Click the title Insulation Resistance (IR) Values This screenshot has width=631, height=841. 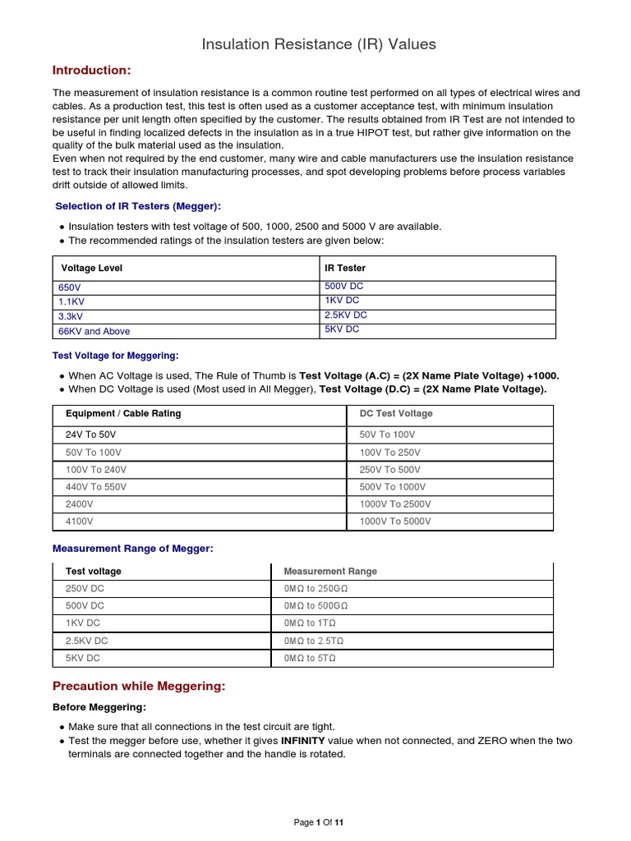(319, 44)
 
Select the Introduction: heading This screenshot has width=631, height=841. (91, 70)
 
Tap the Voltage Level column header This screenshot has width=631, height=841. (92, 268)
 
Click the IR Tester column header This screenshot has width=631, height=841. (345, 268)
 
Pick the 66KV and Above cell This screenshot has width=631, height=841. (94, 331)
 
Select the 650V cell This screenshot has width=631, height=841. (70, 288)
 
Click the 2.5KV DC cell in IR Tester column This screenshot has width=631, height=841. (346, 315)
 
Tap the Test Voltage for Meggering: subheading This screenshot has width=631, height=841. (115, 356)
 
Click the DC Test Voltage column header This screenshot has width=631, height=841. (396, 413)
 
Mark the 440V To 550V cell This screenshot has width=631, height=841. (96, 487)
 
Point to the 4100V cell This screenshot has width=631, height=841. (79, 522)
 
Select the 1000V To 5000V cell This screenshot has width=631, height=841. (395, 522)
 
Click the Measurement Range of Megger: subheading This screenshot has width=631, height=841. (132, 548)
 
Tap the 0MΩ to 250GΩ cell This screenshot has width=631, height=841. (315, 588)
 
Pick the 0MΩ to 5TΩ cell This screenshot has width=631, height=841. (310, 658)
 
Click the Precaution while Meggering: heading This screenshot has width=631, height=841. (138, 686)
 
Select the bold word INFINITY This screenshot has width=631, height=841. (308, 741)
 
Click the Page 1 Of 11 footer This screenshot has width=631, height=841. (319, 823)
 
